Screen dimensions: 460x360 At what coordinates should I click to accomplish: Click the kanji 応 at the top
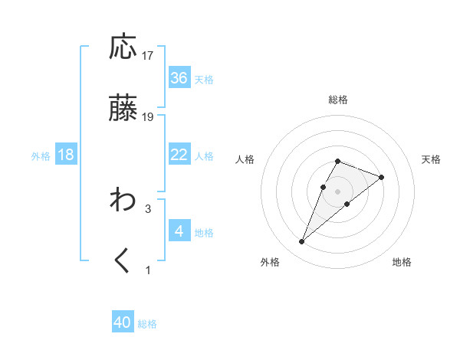pyautogui.click(x=123, y=47)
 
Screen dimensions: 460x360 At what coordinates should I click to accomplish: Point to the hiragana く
pyautogui.click(x=123, y=261)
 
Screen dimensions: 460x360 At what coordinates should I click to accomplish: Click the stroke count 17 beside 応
pyautogui.click(x=148, y=56)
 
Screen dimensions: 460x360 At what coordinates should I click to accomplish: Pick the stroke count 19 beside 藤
pyautogui.click(x=148, y=117)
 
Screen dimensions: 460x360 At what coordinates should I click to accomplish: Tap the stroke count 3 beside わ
pyautogui.click(x=148, y=208)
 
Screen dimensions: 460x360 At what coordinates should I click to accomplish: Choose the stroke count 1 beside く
pyautogui.click(x=148, y=270)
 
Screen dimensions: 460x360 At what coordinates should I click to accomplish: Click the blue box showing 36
pyautogui.click(x=179, y=78)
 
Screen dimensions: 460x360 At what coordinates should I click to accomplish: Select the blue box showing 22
pyautogui.click(x=179, y=155)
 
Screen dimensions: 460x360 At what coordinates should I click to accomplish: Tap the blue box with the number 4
pyautogui.click(x=179, y=231)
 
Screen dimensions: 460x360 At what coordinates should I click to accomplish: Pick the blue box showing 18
pyautogui.click(x=66, y=155)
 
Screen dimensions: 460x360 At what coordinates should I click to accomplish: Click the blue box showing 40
pyautogui.click(x=123, y=322)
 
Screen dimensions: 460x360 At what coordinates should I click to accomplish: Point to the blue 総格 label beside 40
pyautogui.click(x=147, y=324)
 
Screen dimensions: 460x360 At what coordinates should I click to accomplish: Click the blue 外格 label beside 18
pyautogui.click(x=41, y=155)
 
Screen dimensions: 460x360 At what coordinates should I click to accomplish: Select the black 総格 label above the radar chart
pyautogui.click(x=338, y=100)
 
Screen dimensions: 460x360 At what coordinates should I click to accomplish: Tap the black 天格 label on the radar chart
pyautogui.click(x=432, y=159)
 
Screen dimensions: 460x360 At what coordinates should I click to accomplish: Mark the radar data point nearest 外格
pyautogui.click(x=302, y=242)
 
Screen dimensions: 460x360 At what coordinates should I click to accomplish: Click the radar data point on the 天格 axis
pyautogui.click(x=381, y=176)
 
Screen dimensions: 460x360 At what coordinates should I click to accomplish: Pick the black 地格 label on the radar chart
pyautogui.click(x=402, y=262)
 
